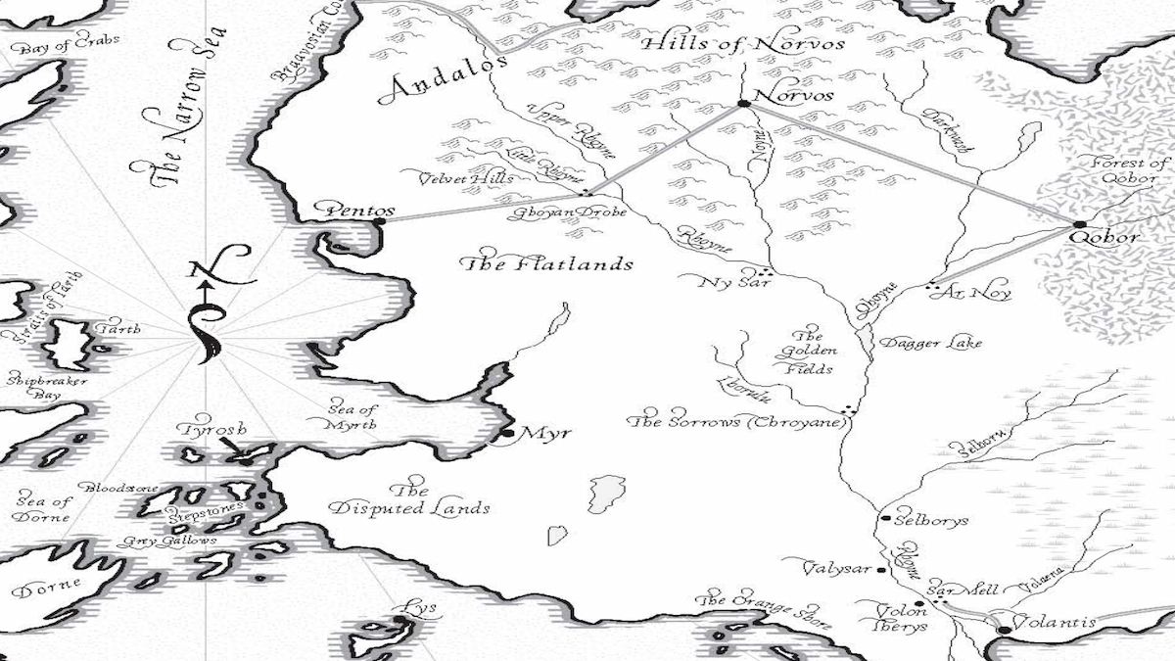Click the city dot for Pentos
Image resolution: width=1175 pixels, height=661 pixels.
380,222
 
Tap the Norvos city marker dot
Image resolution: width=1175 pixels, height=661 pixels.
743,103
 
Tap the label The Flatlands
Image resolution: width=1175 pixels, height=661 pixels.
546,264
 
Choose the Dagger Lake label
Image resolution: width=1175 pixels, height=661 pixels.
930,343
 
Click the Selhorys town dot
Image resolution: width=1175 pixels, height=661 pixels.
885,518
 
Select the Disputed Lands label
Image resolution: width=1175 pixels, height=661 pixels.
409,499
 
